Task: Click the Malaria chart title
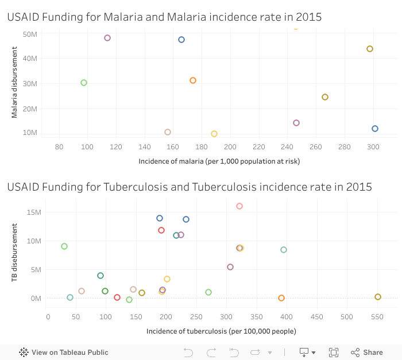(164, 18)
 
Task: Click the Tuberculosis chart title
(190, 187)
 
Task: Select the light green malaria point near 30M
(84, 83)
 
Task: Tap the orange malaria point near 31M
(193, 80)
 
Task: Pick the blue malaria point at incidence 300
(375, 129)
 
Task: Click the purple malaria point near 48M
(107, 38)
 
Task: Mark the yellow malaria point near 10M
(214, 134)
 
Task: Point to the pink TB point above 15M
(239, 206)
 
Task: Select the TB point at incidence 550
(378, 297)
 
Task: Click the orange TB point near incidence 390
(281, 298)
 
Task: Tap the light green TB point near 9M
(64, 246)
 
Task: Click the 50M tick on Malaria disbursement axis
(30, 34)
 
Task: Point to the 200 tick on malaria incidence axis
(230, 147)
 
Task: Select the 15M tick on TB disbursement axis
(34, 212)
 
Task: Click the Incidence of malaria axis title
(219, 161)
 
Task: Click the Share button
(367, 353)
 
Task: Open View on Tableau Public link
(64, 353)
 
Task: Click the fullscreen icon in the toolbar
(334, 353)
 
